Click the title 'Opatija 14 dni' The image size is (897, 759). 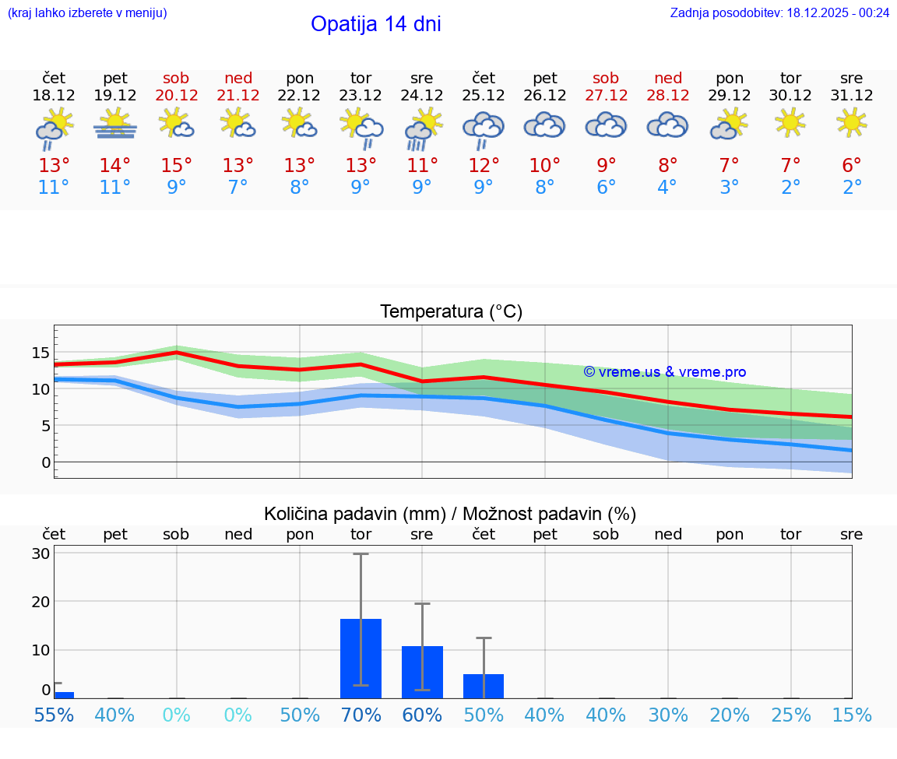[x=375, y=24]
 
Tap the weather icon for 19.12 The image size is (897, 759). [x=115, y=124]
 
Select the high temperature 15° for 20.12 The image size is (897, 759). [x=177, y=166]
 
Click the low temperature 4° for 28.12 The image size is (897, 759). [x=667, y=188]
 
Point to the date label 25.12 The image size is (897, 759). [x=484, y=96]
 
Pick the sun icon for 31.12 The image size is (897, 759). [x=852, y=122]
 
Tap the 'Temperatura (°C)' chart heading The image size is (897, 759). [x=451, y=312]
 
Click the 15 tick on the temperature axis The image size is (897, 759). [x=40, y=353]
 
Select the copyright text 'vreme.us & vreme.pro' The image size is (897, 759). [x=665, y=372]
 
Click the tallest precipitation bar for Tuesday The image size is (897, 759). [x=361, y=658]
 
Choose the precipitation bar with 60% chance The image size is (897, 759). [x=422, y=672]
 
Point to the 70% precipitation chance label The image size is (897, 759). [x=361, y=715]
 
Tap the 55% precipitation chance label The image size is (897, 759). [x=55, y=715]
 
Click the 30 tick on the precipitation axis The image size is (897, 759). [x=40, y=553]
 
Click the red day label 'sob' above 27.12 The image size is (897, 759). [x=606, y=78]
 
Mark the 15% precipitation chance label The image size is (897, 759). [x=852, y=715]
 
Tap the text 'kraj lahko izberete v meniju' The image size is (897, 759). [x=87, y=12]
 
